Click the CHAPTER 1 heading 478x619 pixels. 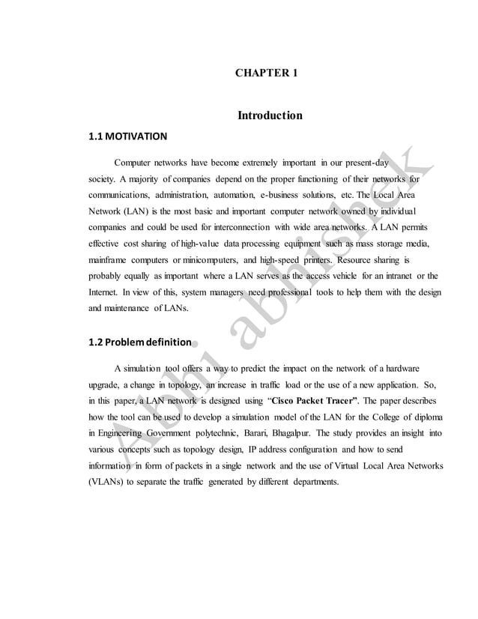[267, 73]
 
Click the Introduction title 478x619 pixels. [270, 115]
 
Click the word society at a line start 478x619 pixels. [102, 180]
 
